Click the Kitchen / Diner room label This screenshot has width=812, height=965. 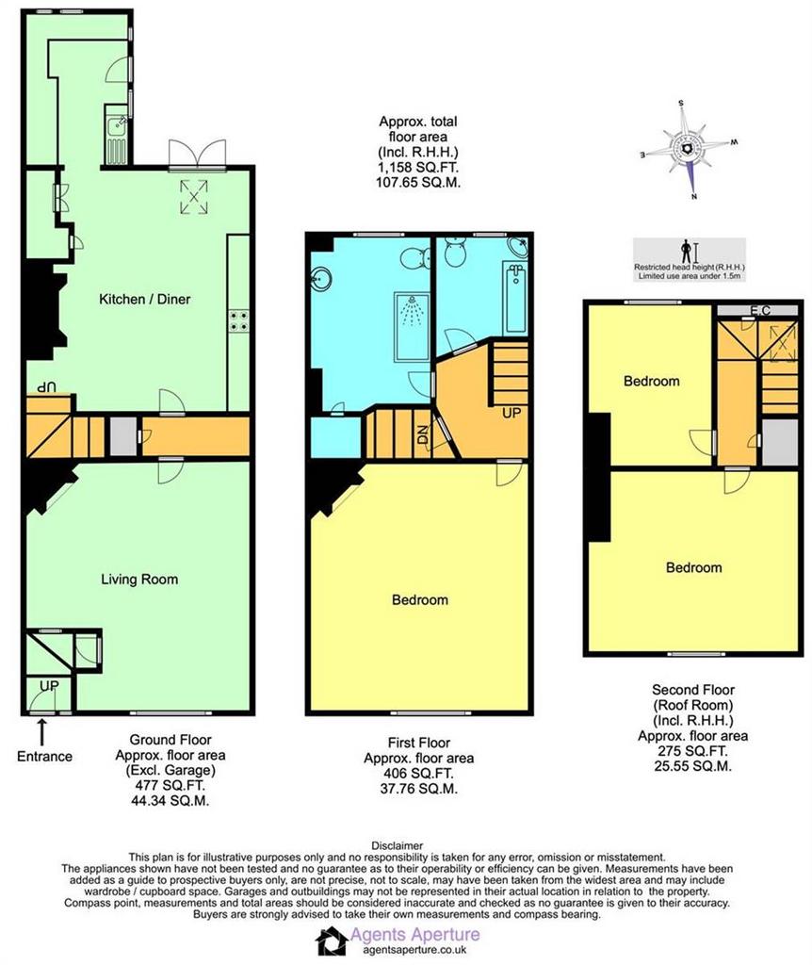(x=144, y=299)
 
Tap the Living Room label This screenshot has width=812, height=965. (x=139, y=580)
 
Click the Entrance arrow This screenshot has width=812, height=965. (x=41, y=733)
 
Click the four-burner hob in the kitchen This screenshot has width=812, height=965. (x=238, y=320)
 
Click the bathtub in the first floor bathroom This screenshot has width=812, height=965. (x=515, y=297)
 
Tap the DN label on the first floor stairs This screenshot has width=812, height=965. (x=423, y=435)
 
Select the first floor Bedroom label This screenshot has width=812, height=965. (x=419, y=600)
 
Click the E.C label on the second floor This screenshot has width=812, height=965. (x=760, y=310)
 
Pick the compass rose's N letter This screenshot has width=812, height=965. (x=694, y=197)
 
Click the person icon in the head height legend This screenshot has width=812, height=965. (x=686, y=253)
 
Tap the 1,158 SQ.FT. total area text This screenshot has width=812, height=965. (x=417, y=168)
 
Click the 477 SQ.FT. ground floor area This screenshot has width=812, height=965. (x=170, y=785)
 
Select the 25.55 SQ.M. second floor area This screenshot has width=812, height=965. (x=692, y=766)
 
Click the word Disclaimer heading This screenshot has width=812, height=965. (x=397, y=845)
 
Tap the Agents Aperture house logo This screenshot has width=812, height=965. (x=332, y=941)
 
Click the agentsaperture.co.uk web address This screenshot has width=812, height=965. (x=414, y=950)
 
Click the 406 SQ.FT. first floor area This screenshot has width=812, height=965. (x=419, y=774)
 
